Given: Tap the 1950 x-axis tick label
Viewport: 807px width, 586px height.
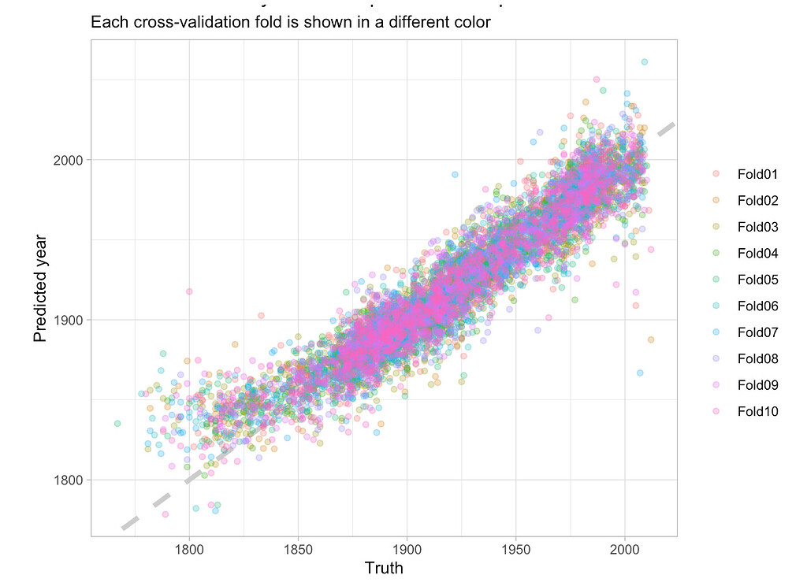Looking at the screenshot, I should point(515,547).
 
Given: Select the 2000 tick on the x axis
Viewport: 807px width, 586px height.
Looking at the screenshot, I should point(625,547).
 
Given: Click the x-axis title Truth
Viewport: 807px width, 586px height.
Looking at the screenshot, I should point(384,568).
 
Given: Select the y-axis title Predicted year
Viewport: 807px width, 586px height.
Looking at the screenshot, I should point(41,288).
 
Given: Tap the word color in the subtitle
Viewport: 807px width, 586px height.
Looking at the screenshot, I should point(470,22).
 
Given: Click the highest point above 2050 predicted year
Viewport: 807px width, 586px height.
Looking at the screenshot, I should point(644,61).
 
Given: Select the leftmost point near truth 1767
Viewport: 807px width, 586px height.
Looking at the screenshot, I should point(117,424).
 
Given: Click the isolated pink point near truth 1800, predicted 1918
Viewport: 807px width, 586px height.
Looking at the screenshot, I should point(189,291).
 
